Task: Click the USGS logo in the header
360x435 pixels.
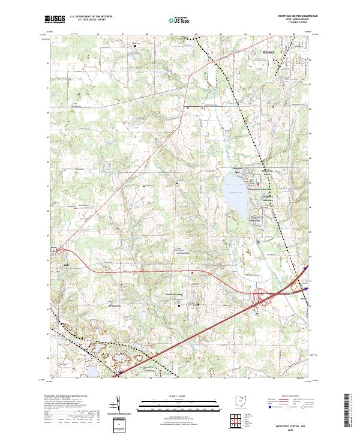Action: [55, 20]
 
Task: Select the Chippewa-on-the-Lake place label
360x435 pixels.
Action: [265, 187]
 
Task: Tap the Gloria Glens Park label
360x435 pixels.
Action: [258, 218]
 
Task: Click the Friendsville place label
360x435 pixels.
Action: [114, 306]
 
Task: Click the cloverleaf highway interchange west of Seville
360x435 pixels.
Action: [262, 295]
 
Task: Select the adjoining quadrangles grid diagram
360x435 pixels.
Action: [235, 419]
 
